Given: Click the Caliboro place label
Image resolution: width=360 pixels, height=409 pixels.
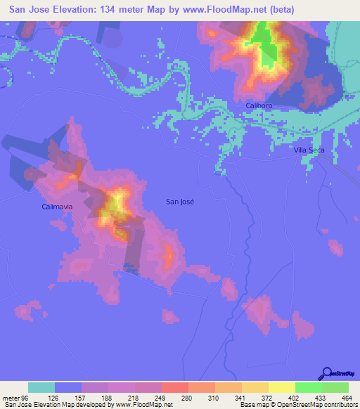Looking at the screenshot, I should click(x=259, y=105).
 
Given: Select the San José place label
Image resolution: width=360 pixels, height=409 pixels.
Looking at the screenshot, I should click(x=179, y=201).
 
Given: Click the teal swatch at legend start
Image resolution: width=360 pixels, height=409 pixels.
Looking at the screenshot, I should click(x=41, y=387).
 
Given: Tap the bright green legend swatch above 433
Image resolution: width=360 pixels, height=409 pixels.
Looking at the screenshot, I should click(x=308, y=387).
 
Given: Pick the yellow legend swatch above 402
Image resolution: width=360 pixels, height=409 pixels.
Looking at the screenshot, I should click(x=281, y=387).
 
